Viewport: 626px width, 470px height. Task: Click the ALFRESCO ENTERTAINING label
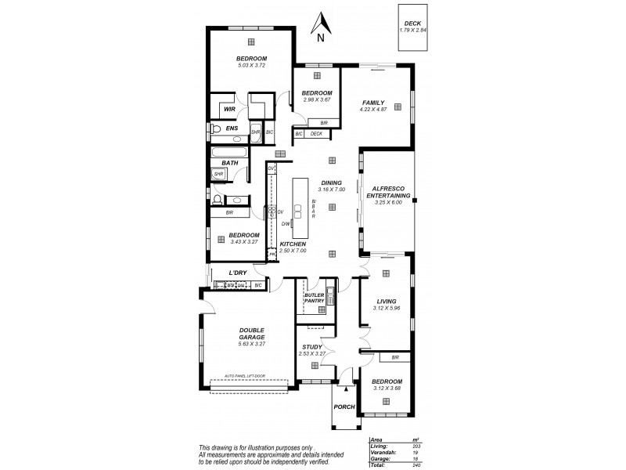tap(388, 190)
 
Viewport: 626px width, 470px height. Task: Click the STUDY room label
tap(311, 348)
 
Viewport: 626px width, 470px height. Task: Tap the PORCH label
tap(344, 407)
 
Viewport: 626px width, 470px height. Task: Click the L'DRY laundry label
tap(238, 273)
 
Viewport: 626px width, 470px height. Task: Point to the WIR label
tap(229, 110)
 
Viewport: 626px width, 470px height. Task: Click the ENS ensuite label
tap(232, 128)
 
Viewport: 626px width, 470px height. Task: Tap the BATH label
tap(229, 163)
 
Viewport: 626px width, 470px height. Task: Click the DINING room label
tap(332, 183)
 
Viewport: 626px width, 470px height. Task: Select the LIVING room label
tap(387, 301)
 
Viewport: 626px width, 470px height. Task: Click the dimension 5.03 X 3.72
tap(252, 65)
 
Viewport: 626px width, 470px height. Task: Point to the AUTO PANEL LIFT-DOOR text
tap(244, 376)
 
